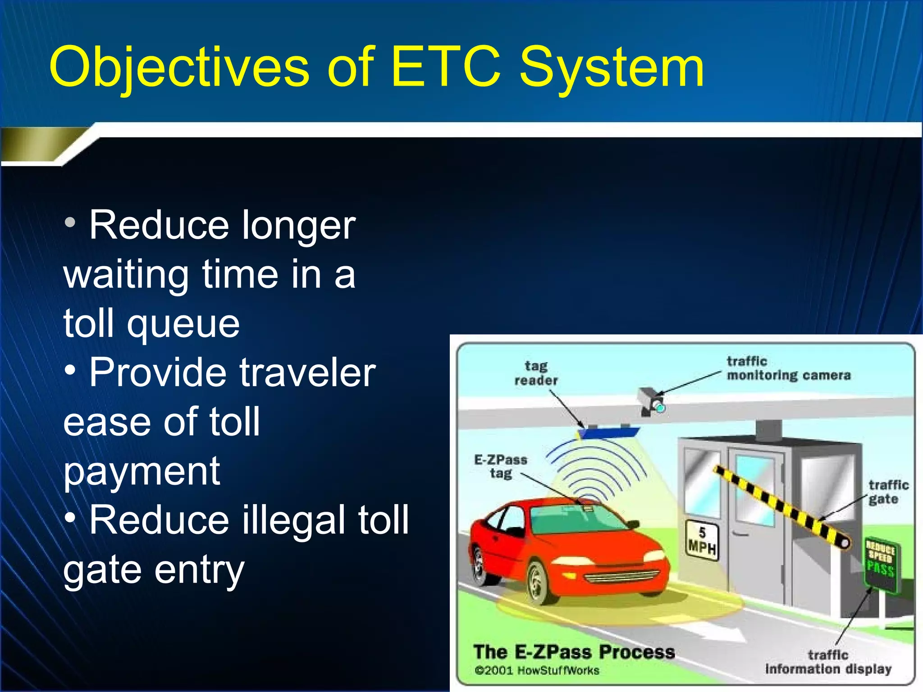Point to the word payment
142,471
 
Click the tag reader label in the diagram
536,373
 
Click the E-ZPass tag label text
501,466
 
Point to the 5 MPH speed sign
702,541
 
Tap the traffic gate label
887,492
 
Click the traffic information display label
828,662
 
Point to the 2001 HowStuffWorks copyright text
537,670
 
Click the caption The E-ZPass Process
574,651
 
